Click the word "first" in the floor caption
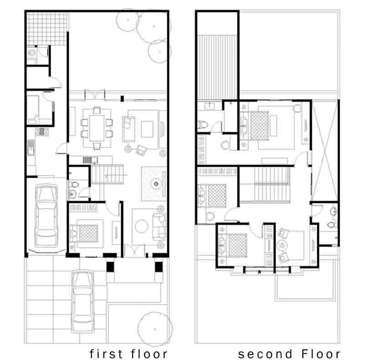point(106,354)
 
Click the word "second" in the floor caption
point(265,354)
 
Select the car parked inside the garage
point(46,216)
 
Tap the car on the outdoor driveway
point(82,301)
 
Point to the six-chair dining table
point(97,128)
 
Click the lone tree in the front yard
point(155,329)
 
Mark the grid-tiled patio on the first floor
point(47,29)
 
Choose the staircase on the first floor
point(108,174)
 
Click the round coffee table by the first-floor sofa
point(141,226)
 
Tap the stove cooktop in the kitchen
point(42,131)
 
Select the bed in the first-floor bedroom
point(87,233)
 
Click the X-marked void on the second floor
point(325,151)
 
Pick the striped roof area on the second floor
point(217,67)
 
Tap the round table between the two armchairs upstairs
point(282,246)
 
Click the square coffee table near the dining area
point(147,129)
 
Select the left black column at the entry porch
point(110,267)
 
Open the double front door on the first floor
point(134,251)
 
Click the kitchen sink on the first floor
point(31,147)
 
